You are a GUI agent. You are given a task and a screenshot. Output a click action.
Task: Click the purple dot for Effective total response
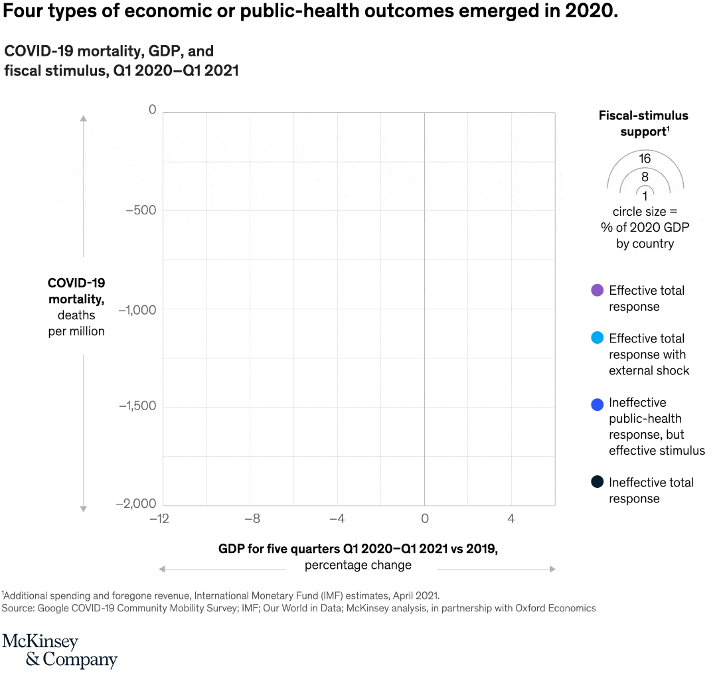[597, 290]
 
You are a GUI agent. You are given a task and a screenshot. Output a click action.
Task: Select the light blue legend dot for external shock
[597, 338]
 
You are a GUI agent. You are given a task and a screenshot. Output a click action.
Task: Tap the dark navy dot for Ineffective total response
[597, 483]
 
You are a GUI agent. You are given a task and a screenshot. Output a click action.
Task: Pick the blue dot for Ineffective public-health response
[597, 403]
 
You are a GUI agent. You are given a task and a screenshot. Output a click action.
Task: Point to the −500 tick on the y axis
[141, 210]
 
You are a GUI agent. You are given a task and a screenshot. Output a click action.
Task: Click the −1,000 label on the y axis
[137, 309]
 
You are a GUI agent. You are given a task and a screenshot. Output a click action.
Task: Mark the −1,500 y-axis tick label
[137, 406]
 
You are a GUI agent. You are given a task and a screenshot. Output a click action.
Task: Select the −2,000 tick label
[137, 504]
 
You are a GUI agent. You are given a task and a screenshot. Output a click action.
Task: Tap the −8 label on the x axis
[252, 518]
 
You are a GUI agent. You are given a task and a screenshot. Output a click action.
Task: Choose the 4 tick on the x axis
[511, 518]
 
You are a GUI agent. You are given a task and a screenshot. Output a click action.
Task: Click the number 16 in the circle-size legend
[645, 159]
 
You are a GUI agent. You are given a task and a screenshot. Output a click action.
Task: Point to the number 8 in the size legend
[645, 177]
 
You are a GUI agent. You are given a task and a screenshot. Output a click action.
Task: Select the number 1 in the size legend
[645, 196]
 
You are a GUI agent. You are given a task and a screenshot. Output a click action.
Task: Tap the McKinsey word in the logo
[40, 642]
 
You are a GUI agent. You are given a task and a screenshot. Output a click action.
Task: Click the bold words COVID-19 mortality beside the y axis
[76, 291]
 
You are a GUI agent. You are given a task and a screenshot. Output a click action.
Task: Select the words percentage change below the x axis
[358, 566]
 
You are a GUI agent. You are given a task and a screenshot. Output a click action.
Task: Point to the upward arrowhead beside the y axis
[84, 118]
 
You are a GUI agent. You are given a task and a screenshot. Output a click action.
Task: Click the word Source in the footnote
[18, 608]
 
